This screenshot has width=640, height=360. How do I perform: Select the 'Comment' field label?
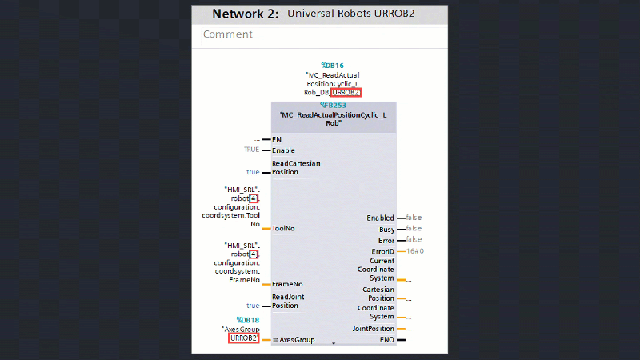click(227, 34)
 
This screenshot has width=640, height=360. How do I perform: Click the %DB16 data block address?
click(332, 65)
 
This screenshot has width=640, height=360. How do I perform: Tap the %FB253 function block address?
click(333, 105)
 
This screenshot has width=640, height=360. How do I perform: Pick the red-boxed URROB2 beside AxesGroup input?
click(243, 338)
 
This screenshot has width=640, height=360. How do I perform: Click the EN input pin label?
click(277, 139)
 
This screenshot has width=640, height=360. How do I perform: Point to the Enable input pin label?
click(283, 150)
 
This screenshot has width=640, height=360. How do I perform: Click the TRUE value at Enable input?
click(252, 150)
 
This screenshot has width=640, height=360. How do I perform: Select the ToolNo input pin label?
click(283, 228)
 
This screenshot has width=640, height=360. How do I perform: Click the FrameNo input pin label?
click(286, 284)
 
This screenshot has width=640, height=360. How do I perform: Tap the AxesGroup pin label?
click(297, 339)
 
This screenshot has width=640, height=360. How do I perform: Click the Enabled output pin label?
click(380, 218)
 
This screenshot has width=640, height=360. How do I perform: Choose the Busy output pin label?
click(386, 229)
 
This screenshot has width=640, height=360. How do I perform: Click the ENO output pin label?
click(386, 339)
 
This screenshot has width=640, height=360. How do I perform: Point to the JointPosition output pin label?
click(374, 328)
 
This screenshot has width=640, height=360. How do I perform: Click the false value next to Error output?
click(414, 239)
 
